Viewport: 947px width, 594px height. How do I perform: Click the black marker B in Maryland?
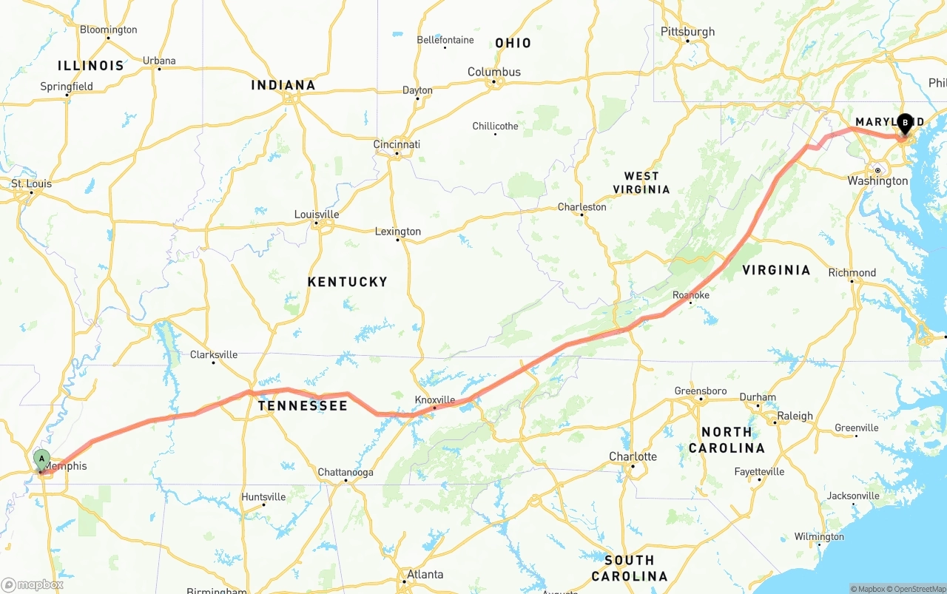point(905,123)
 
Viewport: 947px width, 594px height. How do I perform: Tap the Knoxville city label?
point(435,399)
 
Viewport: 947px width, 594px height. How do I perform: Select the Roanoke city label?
point(691,295)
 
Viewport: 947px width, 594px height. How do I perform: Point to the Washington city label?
point(877,180)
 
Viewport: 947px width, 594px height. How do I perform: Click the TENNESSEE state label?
point(302,405)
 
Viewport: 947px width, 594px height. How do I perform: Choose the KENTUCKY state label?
point(347,282)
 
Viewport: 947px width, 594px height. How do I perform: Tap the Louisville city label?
point(317,215)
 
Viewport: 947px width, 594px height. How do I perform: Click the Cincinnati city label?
point(397,144)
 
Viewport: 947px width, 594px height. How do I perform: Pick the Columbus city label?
point(494,72)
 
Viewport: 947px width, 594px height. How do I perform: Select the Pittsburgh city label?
point(687,32)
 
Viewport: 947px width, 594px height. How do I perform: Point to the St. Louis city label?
point(31,183)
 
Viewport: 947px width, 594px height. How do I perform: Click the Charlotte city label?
point(633,456)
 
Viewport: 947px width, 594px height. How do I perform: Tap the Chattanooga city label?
point(346,472)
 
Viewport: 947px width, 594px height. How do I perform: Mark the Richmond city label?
point(852,272)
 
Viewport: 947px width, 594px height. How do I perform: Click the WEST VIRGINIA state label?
point(641,182)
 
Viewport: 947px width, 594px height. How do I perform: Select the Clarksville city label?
point(214,354)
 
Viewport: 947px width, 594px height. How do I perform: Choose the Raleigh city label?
point(795,416)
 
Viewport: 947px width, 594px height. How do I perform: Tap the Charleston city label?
point(582,206)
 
